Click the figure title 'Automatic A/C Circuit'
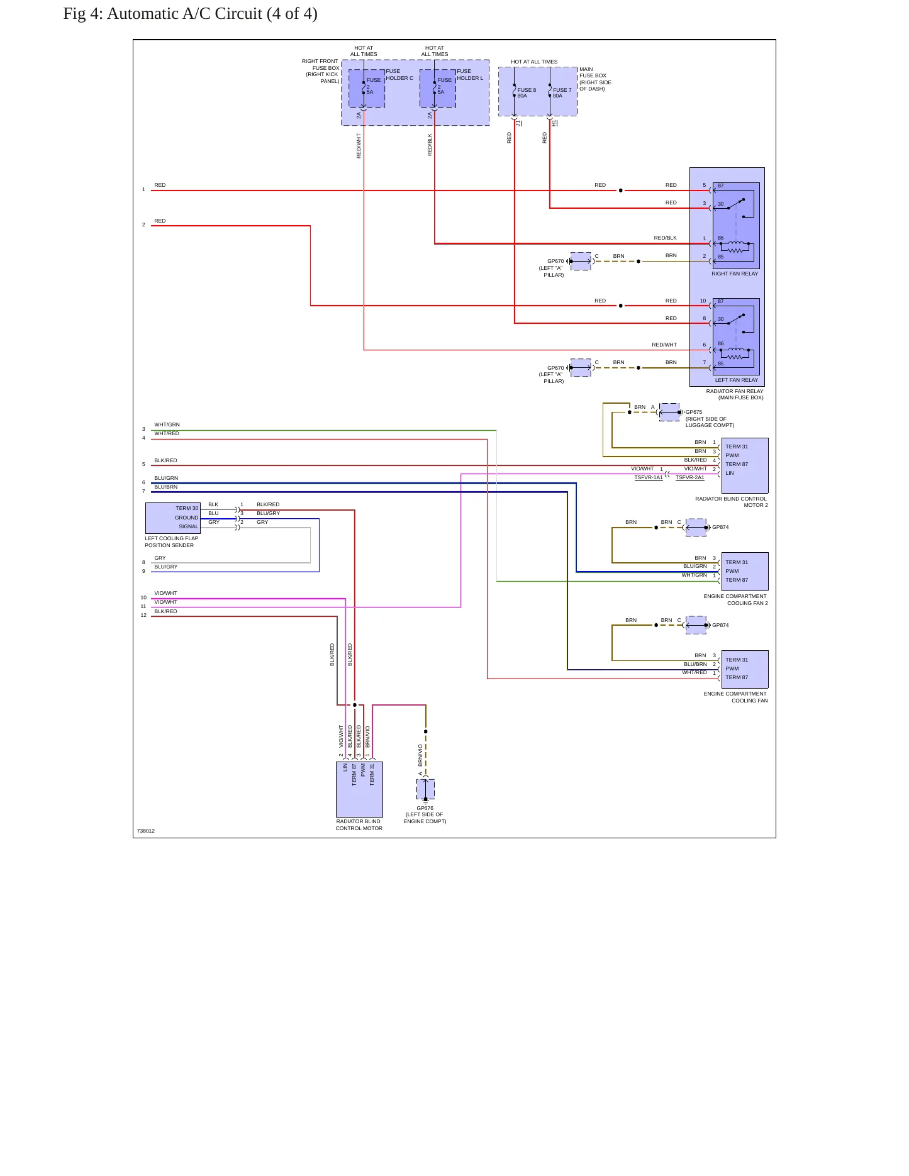184,14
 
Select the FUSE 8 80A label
527,93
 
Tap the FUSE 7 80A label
562,93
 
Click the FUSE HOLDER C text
399,75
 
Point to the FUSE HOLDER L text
470,75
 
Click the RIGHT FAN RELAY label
735,274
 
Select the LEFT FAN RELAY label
737,380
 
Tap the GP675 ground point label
694,413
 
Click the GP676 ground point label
425,809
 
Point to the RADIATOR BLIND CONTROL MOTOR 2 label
732,502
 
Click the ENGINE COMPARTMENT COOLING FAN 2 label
736,600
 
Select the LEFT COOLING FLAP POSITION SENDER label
172,542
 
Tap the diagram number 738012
146,831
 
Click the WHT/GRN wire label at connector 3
167,424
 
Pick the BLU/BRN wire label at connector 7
166,487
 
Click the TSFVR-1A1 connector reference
649,478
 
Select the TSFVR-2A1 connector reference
690,478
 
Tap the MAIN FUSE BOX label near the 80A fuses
595,79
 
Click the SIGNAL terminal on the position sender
189,526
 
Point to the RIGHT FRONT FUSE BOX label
321,71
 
